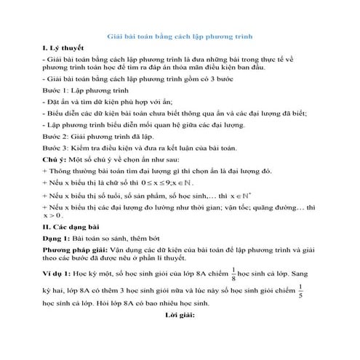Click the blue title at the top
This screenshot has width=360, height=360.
pos(180,36)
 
